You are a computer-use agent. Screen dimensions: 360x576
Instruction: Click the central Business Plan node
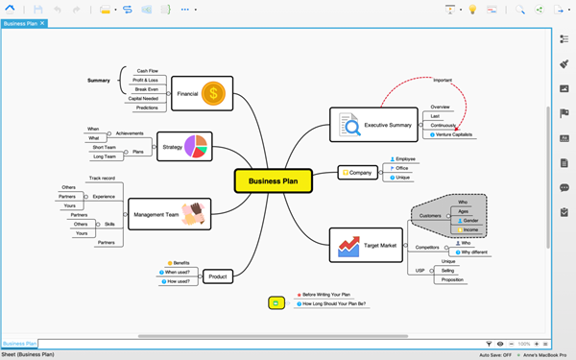click(x=274, y=180)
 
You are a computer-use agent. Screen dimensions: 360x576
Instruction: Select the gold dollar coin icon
click(x=216, y=93)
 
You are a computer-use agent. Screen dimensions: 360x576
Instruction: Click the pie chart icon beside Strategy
click(x=197, y=145)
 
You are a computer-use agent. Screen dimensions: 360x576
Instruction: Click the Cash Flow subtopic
click(x=148, y=70)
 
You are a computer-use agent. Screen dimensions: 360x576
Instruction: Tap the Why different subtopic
click(x=474, y=252)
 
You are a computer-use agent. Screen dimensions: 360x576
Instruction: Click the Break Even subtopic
click(x=148, y=88)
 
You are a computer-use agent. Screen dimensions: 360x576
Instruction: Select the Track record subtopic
click(x=103, y=178)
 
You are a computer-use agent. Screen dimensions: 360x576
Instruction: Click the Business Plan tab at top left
click(x=21, y=22)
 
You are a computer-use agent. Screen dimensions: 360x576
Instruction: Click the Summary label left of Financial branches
click(x=98, y=81)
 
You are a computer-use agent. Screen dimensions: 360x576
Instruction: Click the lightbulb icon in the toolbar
click(x=471, y=9)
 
